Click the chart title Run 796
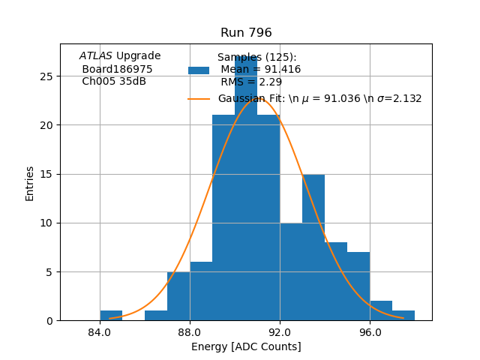246,33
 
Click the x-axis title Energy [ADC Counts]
246,346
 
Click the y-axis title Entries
30,182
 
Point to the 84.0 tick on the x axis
100,331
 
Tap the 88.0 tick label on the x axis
190,331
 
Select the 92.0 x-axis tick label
280,331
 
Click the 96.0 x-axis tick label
370,331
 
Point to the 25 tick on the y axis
46,76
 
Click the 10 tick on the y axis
46,223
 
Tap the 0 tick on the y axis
49,320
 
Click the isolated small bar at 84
111,316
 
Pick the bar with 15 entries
313,247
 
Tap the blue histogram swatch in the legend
199,70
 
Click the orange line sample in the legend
199,98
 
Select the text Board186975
117,69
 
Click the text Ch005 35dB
114,81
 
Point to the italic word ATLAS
96,56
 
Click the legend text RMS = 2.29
251,82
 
